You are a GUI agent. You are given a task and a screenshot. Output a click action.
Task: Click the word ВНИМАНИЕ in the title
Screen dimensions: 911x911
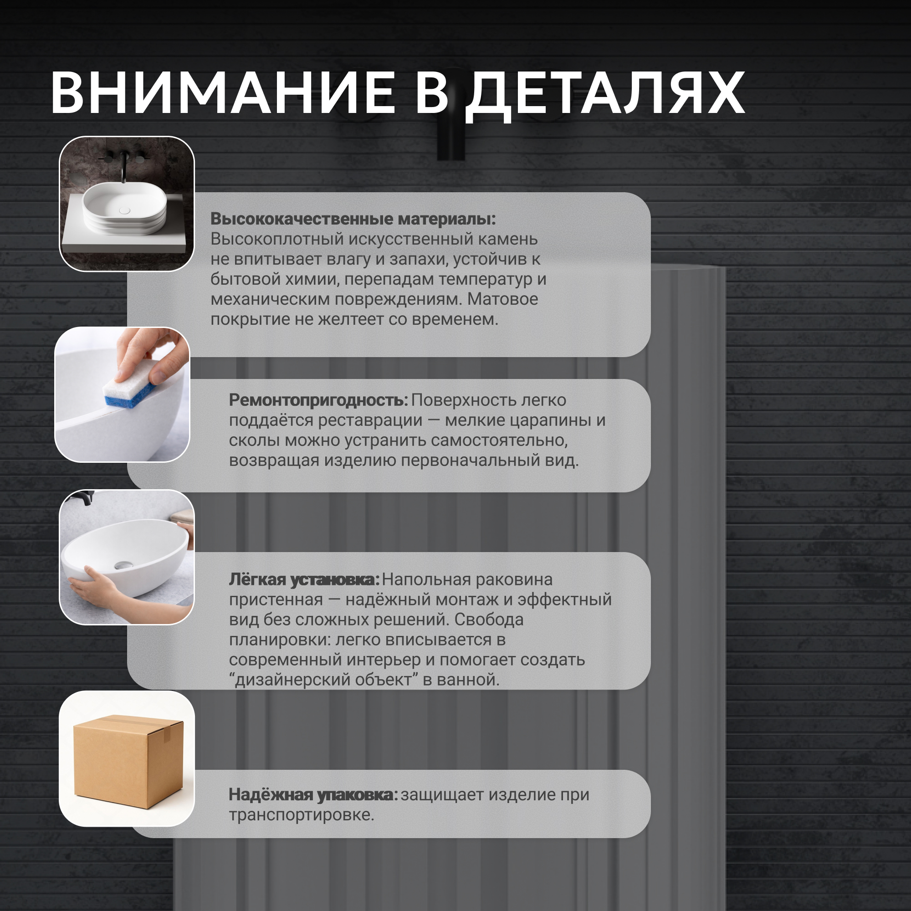tap(223, 93)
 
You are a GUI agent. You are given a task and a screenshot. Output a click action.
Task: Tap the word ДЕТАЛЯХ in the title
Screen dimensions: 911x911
tap(605, 96)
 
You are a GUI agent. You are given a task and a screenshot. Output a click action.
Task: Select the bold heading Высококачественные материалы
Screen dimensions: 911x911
tap(353, 219)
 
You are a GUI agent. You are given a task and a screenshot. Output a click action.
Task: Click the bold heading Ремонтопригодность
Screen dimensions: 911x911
tap(318, 400)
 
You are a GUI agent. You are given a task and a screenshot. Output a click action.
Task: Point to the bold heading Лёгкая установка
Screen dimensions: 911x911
tap(304, 579)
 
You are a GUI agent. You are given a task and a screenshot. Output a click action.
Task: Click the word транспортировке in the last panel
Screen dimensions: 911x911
tap(301, 815)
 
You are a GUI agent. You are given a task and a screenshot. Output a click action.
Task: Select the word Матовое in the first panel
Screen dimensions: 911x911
tap(503, 299)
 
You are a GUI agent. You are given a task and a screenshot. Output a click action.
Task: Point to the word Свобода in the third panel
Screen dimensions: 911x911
tap(489, 619)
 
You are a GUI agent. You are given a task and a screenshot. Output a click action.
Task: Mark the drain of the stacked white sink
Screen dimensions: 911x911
tap(124, 210)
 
